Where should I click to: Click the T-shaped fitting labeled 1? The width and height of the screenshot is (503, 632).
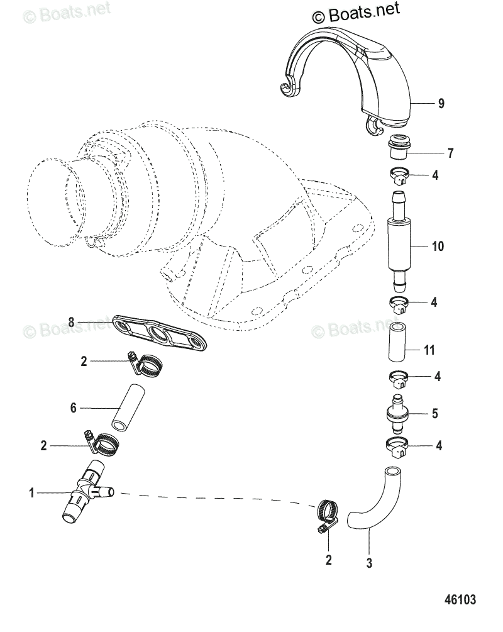click(84, 493)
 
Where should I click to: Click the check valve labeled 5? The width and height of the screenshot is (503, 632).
click(397, 414)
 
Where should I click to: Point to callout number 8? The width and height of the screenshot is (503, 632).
click(72, 322)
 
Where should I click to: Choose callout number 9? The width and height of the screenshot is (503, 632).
click(441, 104)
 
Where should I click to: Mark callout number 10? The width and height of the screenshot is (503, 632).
click(438, 247)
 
